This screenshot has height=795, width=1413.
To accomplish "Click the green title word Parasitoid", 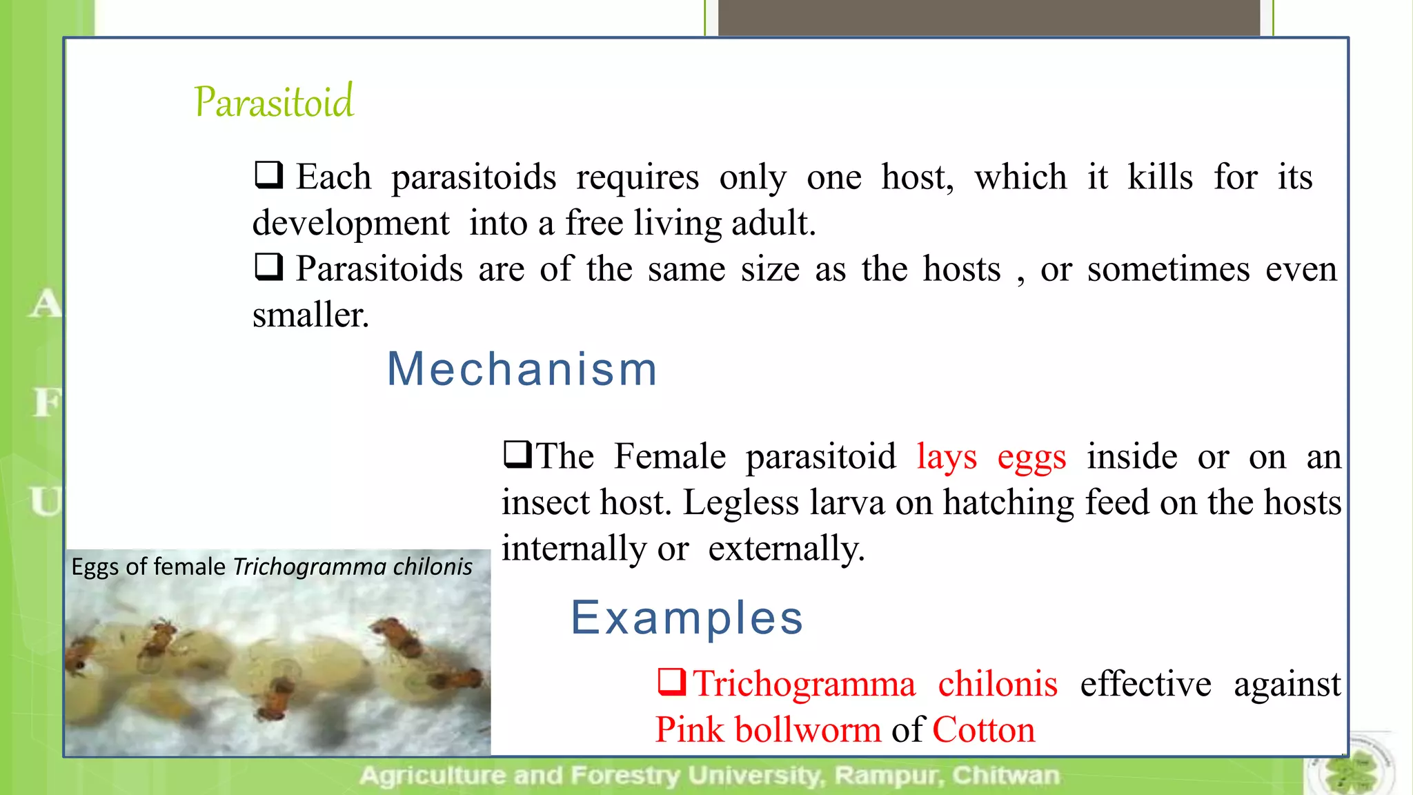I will coord(274,102).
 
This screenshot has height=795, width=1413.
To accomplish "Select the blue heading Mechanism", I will coord(522,369).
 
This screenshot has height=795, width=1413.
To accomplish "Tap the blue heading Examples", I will coord(687,618).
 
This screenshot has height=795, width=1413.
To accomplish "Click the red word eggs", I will coord(1031,458).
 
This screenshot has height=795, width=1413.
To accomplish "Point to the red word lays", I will coord(947,458).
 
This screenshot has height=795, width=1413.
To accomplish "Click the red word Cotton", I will coord(984,730).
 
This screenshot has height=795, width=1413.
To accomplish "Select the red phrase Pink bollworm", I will coord(768,730).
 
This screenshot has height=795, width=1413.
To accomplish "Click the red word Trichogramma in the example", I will coord(804,684).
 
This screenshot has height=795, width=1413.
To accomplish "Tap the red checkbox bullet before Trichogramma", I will coord(671,682).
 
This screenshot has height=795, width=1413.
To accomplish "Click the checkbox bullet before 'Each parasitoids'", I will coord(268,175).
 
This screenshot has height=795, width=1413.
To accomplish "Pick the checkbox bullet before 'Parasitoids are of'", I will coord(268,267).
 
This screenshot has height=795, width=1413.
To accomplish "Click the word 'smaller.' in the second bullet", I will coord(310,315).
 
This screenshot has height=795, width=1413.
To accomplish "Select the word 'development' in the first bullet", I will coord(350,224).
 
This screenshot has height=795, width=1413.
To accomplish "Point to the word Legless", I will coord(741,503).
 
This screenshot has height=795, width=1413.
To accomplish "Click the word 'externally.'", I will coord(786,549).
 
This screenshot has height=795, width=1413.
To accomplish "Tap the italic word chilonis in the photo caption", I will coord(432,567).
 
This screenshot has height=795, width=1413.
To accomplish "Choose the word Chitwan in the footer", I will coord(1005,776).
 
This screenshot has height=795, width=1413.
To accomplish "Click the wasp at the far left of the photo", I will coord(79,657).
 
